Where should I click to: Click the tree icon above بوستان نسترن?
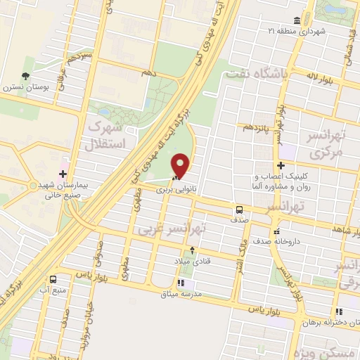[26, 76]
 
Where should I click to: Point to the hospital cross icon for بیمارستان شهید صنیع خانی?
[63, 173]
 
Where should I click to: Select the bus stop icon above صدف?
[240, 210]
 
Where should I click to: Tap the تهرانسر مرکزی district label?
[326, 143]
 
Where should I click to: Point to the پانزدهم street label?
[254, 127]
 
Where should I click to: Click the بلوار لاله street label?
[322, 75]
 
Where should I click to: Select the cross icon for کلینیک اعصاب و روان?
[280, 165]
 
